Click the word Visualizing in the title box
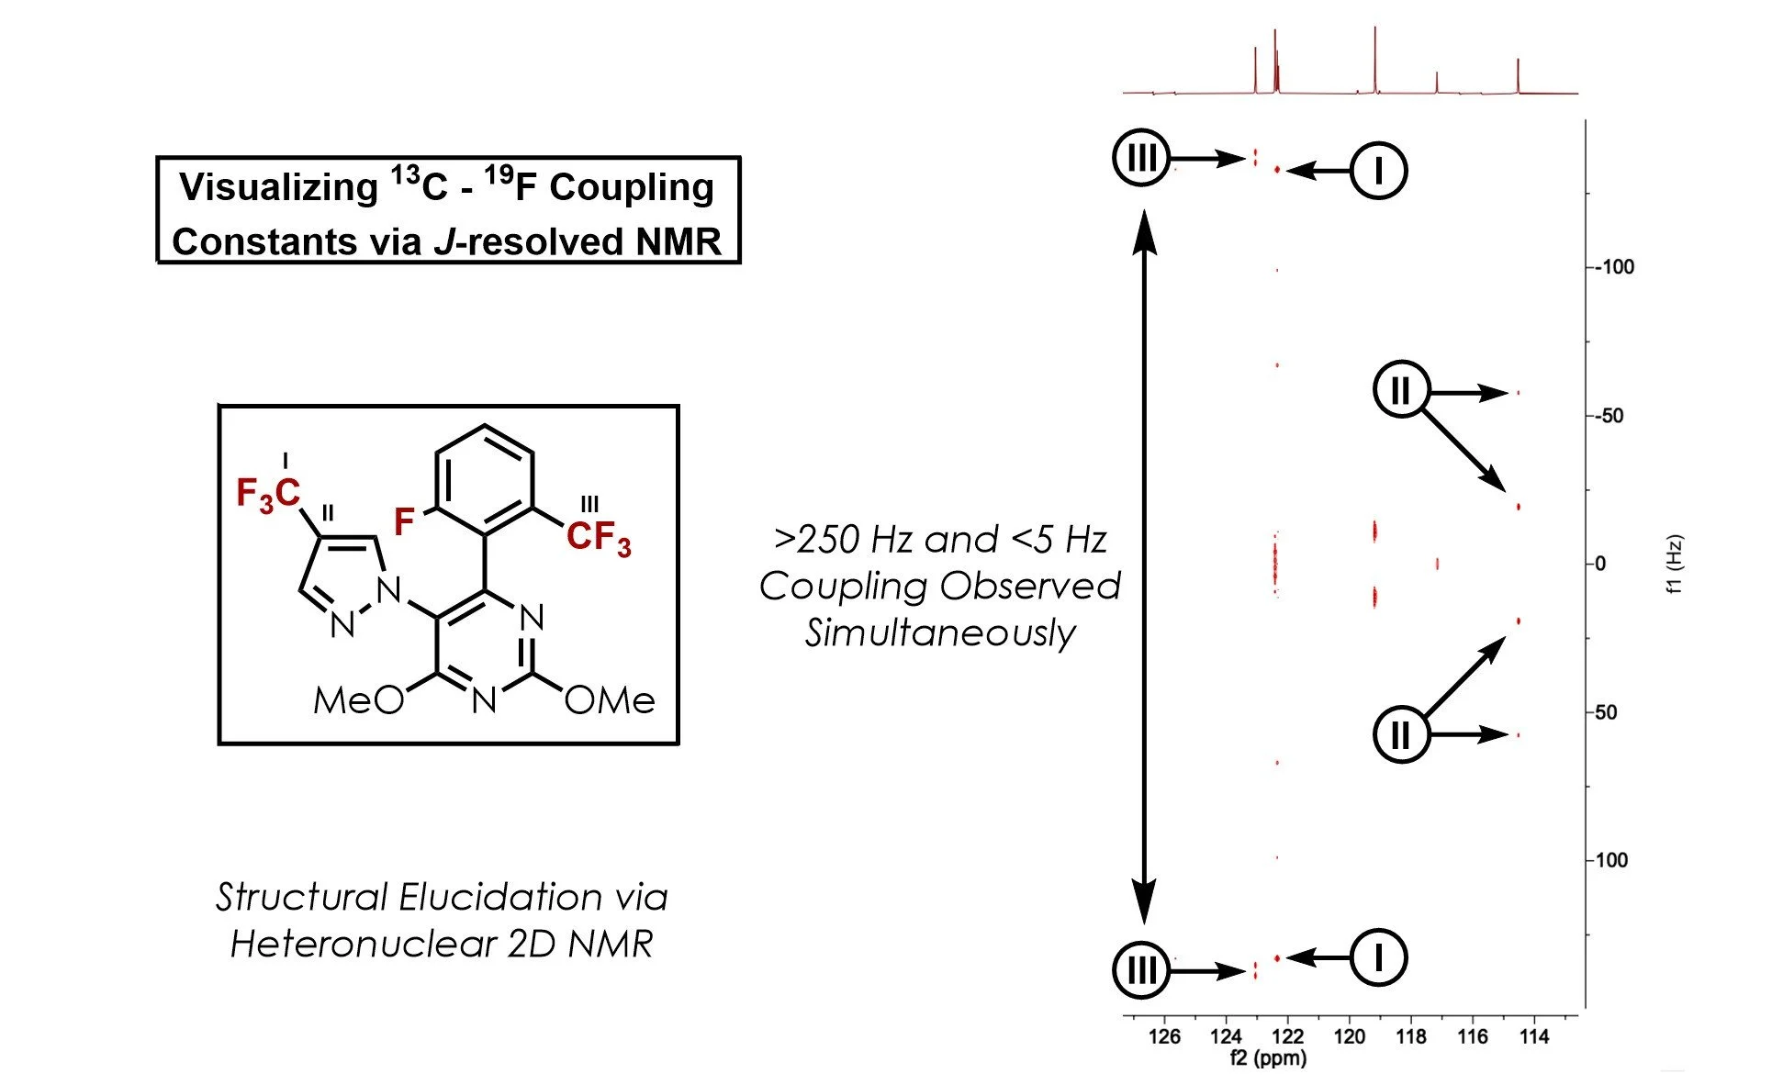pyautogui.click(x=278, y=187)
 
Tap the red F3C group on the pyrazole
pyautogui.click(x=267, y=494)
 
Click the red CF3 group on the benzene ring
pyautogui.click(x=599, y=537)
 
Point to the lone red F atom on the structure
pyautogui.click(x=404, y=521)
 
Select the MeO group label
pyautogui.click(x=358, y=701)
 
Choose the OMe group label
pyautogui.click(x=610, y=701)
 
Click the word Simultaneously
pyautogui.click(x=940, y=633)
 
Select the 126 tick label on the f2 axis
pyautogui.click(x=1164, y=1036)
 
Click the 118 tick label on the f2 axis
pyautogui.click(x=1410, y=1036)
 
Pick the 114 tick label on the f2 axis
pyautogui.click(x=1533, y=1036)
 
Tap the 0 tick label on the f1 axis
pyautogui.click(x=1600, y=564)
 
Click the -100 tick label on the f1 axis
pyautogui.click(x=1614, y=267)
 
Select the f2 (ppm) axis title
pyautogui.click(x=1268, y=1058)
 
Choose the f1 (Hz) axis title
pyautogui.click(x=1675, y=564)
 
